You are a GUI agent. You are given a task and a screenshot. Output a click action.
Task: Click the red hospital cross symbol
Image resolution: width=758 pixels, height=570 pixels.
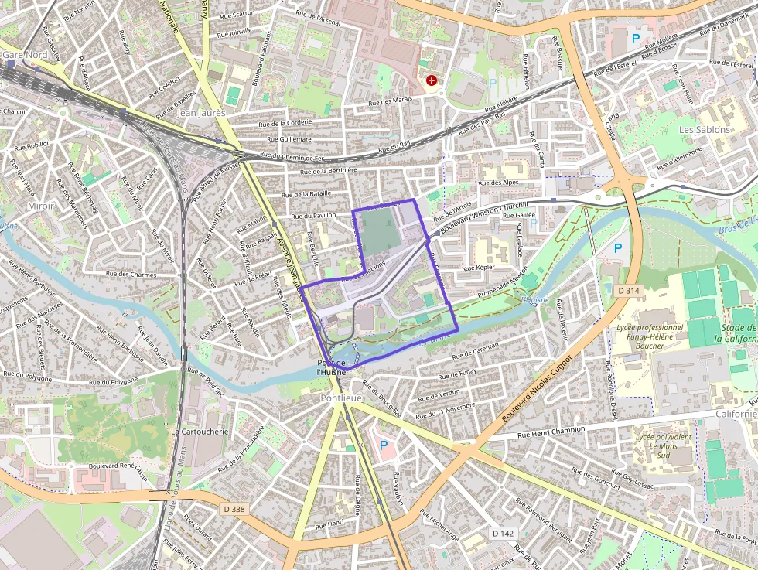point(430,80)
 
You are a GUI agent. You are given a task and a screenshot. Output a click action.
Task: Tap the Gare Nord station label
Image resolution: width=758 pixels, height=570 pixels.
point(25,55)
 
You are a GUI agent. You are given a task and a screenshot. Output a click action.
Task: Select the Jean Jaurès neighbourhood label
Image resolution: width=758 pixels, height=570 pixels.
point(201,113)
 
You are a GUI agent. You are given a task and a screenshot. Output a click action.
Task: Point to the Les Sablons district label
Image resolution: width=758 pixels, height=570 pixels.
point(704,130)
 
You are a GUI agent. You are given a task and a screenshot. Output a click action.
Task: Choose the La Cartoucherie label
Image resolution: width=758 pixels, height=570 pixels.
point(200,431)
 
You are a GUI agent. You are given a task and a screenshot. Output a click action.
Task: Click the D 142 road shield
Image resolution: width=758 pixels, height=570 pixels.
point(503,534)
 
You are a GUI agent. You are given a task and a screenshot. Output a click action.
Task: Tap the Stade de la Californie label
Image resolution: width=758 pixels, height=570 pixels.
point(735,333)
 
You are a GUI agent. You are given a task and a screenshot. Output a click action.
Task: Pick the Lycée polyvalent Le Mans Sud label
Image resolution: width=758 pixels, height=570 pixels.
point(662,447)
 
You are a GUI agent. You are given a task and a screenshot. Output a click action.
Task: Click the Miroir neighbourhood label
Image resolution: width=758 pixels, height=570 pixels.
point(40,206)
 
